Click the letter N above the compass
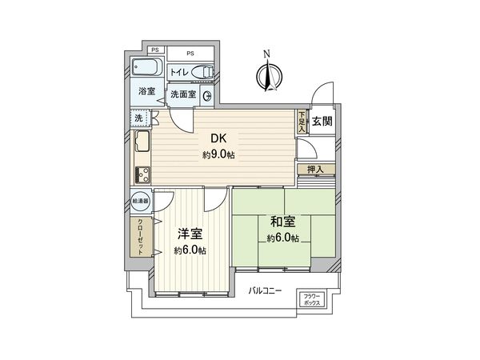266,54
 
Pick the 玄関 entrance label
322,122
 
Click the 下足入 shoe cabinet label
302,121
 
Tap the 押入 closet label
314,170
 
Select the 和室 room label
283,222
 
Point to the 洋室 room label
190,234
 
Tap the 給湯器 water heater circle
139,203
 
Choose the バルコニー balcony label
264,290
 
